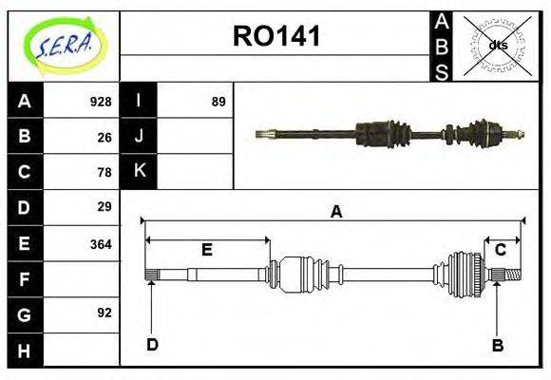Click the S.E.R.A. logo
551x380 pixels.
64,46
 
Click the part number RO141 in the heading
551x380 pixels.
276,37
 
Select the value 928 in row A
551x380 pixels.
101,102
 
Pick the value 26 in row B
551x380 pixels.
104,137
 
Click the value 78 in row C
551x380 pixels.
104,172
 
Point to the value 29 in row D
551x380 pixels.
104,207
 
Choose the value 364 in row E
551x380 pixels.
101,243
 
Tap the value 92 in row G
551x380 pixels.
104,313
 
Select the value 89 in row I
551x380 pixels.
218,102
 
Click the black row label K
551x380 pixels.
139,171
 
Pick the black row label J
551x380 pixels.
139,137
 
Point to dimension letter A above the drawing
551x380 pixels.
335,213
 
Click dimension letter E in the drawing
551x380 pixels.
206,250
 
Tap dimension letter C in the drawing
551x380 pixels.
500,250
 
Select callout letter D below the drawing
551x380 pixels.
152,345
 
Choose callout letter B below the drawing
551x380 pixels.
497,345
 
